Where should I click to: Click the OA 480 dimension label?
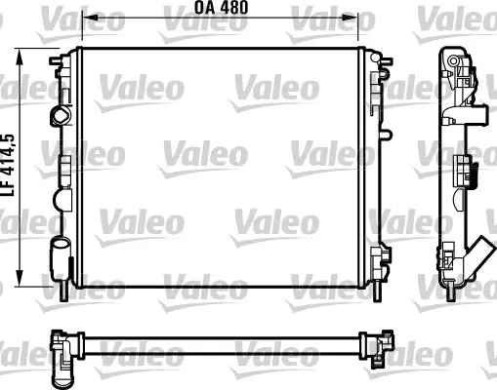pyautogui.click(x=221, y=7)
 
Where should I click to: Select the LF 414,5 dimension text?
pyautogui.click(x=9, y=165)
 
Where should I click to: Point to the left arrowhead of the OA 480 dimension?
pyautogui.click(x=90, y=19)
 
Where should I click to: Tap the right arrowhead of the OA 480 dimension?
pyautogui.click(x=351, y=19)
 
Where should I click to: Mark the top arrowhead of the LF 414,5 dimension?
pyautogui.click(x=21, y=57)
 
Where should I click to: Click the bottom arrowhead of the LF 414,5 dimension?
pyautogui.click(x=21, y=279)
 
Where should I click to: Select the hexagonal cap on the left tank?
pyautogui.click(x=61, y=116)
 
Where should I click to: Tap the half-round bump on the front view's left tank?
pyautogui.click(x=62, y=200)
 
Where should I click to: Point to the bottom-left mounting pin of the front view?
pyautogui.click(x=63, y=290)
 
